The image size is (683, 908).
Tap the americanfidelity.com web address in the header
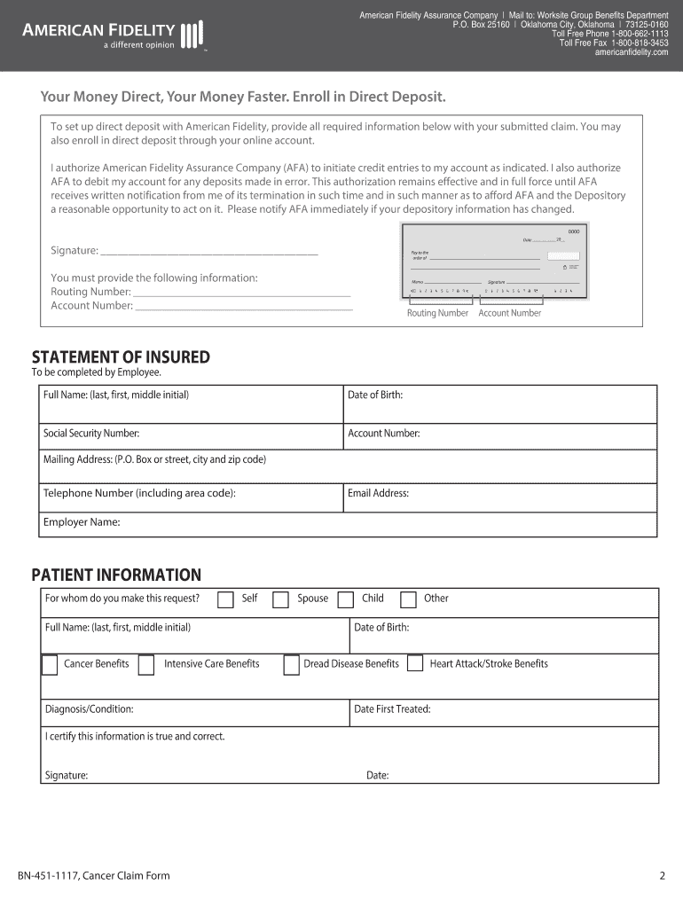pyautogui.click(x=631, y=52)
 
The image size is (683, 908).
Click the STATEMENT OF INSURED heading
pyautogui.click(x=121, y=357)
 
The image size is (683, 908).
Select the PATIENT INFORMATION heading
pyautogui.click(x=116, y=575)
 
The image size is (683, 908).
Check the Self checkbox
pyautogui.click(x=226, y=599)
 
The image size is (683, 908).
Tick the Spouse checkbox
pyautogui.click(x=280, y=599)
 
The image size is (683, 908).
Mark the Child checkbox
pyautogui.click(x=345, y=599)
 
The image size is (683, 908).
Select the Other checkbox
pyautogui.click(x=408, y=599)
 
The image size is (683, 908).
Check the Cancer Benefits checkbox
pyautogui.click(x=50, y=664)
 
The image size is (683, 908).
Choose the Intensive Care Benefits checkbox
pyautogui.click(x=146, y=664)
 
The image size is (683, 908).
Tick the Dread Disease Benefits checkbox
pyautogui.click(x=291, y=664)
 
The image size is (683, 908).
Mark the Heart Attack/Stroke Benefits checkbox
pyautogui.click(x=414, y=664)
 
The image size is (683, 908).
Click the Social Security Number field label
pyautogui.click(x=91, y=434)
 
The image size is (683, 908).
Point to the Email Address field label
pyautogui.click(x=378, y=493)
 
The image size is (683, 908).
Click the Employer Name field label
pyautogui.click(x=82, y=522)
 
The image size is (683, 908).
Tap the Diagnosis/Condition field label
pyautogui.click(x=90, y=709)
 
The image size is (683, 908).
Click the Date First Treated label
pyautogui.click(x=392, y=709)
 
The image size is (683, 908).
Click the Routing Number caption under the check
pyautogui.click(x=437, y=313)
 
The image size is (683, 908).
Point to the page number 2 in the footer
pyautogui.click(x=662, y=876)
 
